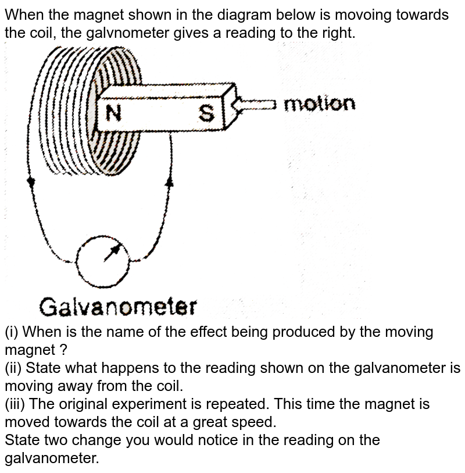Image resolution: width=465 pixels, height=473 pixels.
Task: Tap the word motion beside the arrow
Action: click(x=319, y=105)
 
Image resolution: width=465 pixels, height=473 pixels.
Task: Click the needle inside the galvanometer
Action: click(x=112, y=253)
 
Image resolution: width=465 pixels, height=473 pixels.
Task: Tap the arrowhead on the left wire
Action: click(x=31, y=182)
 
